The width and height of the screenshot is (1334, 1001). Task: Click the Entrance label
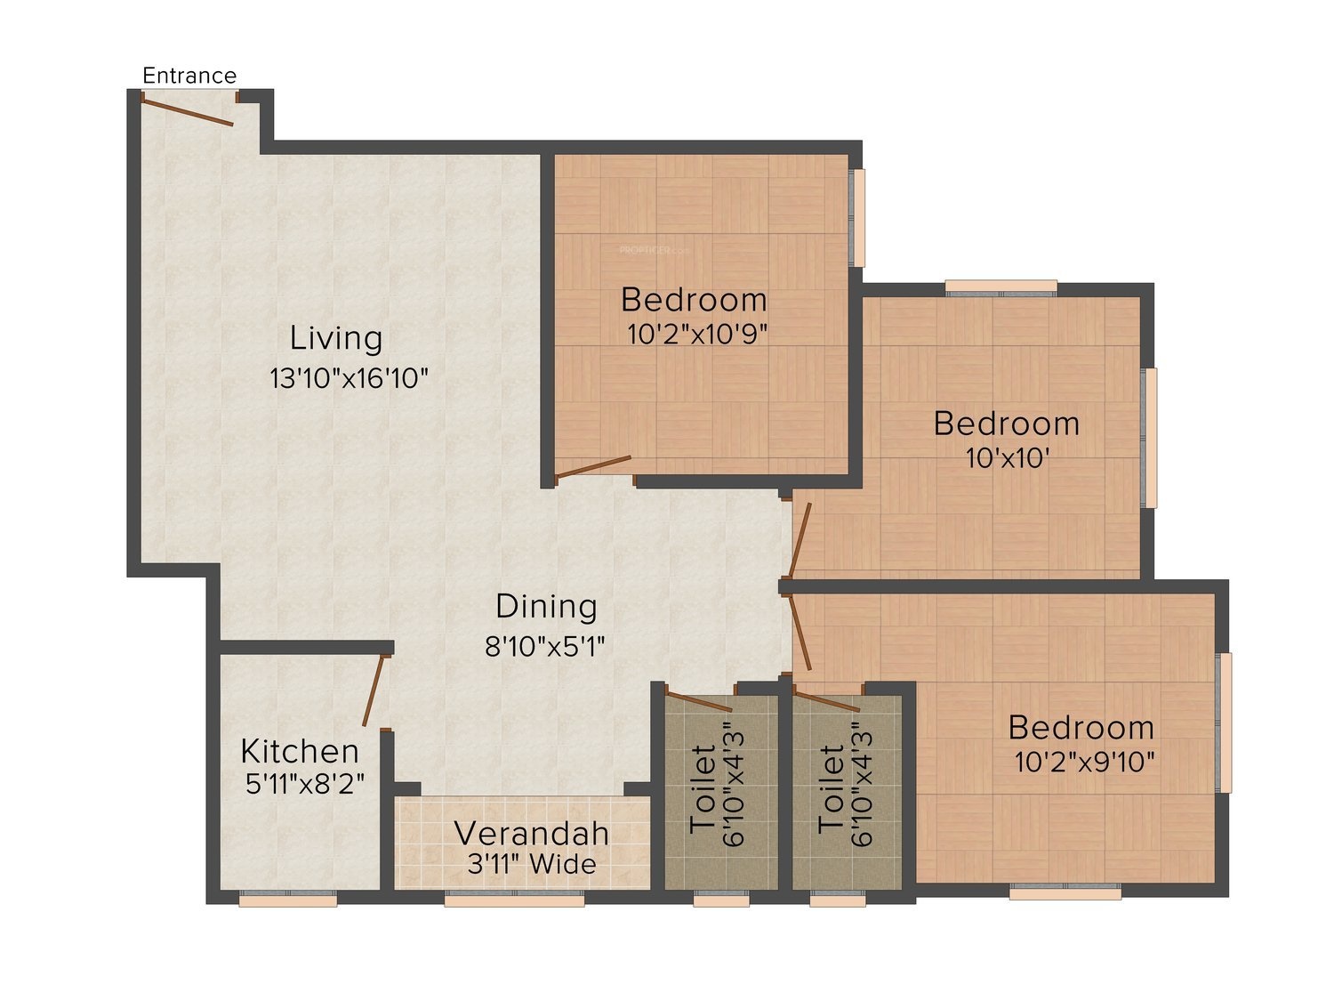(x=189, y=76)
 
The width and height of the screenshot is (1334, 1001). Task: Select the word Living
(x=336, y=338)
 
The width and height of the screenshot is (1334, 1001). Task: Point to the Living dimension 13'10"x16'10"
(x=349, y=378)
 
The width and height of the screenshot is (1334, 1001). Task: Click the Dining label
(x=546, y=607)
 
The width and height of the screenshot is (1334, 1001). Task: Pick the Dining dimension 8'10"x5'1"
(x=544, y=646)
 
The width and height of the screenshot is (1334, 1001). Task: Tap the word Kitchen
(x=300, y=751)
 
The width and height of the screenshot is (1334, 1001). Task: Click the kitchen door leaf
(x=374, y=691)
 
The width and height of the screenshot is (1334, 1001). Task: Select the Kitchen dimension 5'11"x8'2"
(x=304, y=784)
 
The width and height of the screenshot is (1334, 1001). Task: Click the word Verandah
(x=531, y=833)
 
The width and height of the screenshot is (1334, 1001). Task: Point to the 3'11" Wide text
(x=532, y=864)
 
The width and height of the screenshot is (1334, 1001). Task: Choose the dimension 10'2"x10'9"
(x=697, y=334)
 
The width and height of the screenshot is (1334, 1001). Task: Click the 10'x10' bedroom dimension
(x=1008, y=458)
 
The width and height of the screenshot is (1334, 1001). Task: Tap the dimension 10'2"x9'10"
(x=1084, y=762)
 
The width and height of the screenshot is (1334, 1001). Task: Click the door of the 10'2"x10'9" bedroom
(x=594, y=467)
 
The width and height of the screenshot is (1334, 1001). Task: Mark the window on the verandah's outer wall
(x=514, y=899)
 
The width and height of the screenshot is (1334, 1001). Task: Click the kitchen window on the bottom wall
(x=288, y=899)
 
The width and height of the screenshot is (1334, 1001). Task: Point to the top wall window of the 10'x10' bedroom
(x=1001, y=287)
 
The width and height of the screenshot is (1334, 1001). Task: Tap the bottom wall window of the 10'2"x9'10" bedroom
(x=1065, y=892)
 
